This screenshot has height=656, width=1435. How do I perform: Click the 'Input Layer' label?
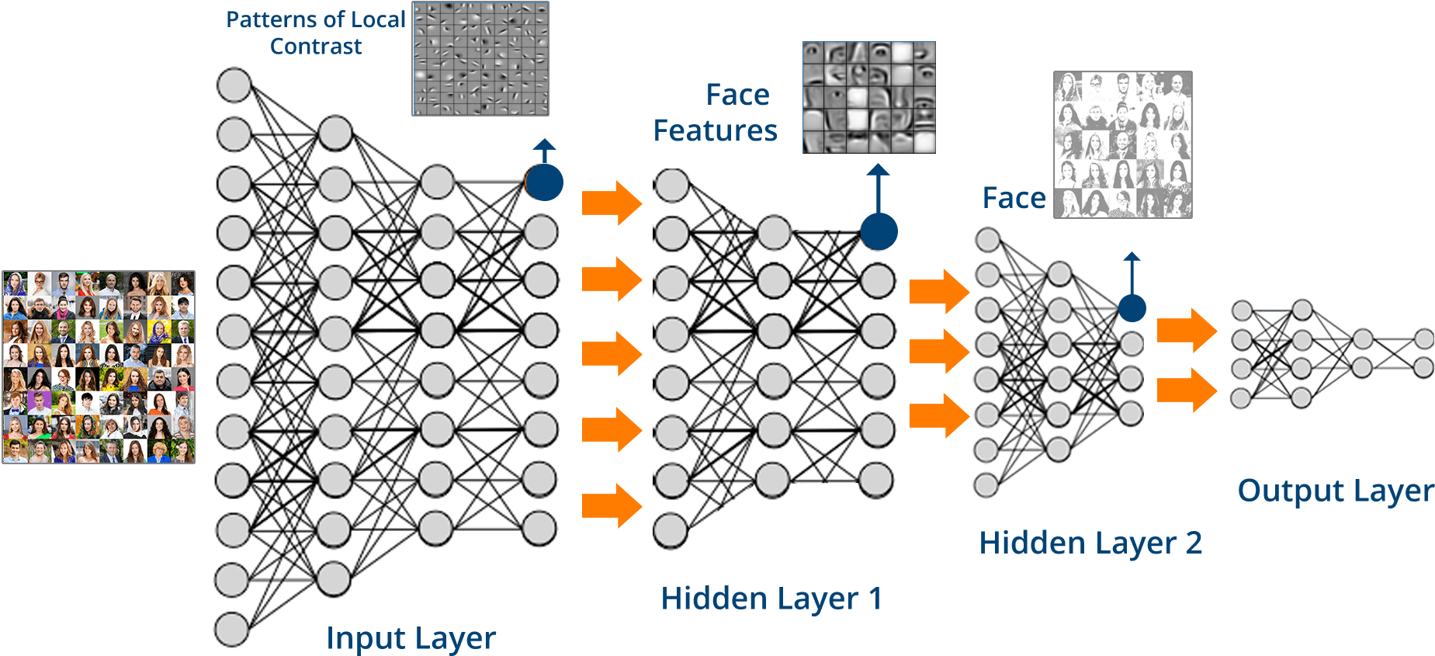click(x=411, y=638)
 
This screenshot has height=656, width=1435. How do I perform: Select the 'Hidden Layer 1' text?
click(x=771, y=599)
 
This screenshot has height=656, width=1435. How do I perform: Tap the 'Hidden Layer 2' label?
click(x=1090, y=543)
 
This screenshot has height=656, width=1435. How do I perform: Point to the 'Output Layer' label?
click(x=1335, y=491)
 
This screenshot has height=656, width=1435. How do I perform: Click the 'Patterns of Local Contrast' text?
click(x=316, y=33)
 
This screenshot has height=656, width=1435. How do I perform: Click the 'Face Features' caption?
click(x=716, y=113)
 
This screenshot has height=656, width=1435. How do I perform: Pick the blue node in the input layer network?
click(x=545, y=182)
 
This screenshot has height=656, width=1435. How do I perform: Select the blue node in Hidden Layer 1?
click(x=879, y=231)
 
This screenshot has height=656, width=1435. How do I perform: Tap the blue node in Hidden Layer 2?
click(x=1132, y=308)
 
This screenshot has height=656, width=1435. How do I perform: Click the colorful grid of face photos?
click(x=99, y=367)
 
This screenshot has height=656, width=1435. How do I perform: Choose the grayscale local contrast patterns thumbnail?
click(x=480, y=58)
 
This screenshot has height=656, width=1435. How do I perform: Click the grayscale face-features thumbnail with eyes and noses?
click(x=868, y=97)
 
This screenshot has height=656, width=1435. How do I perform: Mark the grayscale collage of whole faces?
click(x=1122, y=144)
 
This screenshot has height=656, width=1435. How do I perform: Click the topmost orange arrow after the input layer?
click(x=612, y=203)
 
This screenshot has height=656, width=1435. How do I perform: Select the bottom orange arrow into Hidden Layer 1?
click(x=612, y=505)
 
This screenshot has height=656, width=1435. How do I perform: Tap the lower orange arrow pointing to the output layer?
click(x=1186, y=390)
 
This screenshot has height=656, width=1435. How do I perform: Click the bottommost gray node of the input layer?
click(x=231, y=629)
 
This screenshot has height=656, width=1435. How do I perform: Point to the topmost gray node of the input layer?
click(x=234, y=85)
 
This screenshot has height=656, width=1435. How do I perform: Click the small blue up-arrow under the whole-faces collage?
click(x=1132, y=272)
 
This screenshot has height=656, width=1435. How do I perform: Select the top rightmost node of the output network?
click(x=1423, y=339)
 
